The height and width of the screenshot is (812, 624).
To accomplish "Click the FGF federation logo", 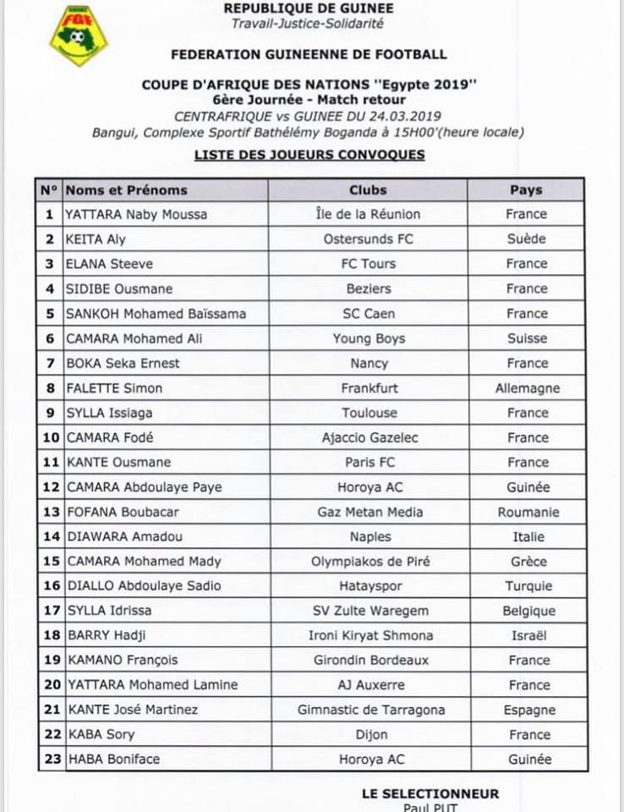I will [78, 35].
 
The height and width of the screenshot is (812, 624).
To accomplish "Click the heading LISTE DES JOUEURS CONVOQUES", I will [309, 155].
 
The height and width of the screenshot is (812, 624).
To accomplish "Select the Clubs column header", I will [368, 189].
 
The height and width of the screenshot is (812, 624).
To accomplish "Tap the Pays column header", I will [526, 189].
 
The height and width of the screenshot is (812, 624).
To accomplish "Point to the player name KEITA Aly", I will [96, 239].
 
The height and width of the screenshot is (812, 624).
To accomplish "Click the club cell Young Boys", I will [368, 338].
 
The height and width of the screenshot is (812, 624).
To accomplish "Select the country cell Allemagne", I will [527, 388].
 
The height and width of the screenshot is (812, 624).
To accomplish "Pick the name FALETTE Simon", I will [114, 388].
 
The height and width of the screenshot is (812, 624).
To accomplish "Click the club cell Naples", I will [369, 536].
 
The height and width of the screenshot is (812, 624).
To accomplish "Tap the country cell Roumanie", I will [527, 512].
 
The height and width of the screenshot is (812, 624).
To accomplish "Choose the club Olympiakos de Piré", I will [369, 561].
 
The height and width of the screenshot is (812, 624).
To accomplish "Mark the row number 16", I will [51, 585].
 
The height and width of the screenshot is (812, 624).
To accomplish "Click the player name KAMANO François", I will [122, 660].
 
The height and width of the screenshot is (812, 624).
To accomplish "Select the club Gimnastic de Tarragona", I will [370, 710].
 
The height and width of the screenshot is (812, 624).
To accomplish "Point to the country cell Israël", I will [527, 635].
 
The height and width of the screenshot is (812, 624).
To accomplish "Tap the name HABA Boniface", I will [113, 759].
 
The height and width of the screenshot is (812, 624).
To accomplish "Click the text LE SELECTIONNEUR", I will [430, 793].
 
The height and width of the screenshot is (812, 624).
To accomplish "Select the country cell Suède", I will [527, 239].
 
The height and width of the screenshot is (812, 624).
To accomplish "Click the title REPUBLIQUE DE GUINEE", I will [308, 8].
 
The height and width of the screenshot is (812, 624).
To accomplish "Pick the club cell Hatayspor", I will [369, 585].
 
